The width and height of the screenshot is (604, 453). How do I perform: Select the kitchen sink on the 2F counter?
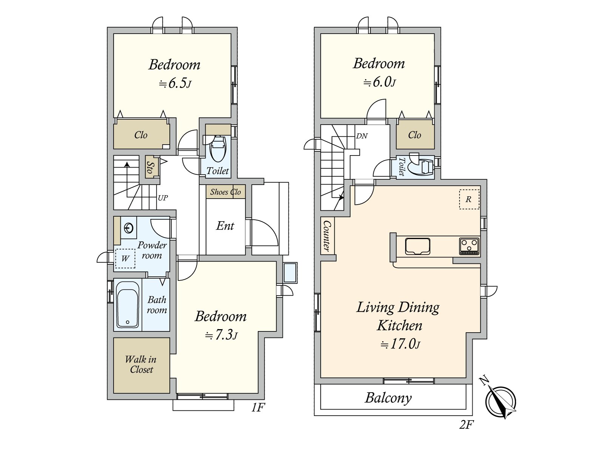418,247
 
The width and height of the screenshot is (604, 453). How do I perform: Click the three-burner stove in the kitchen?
469,247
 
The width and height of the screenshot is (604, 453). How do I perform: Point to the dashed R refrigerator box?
469,199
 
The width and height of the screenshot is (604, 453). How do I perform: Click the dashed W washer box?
125,259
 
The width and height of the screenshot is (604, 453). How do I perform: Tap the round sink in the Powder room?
128,228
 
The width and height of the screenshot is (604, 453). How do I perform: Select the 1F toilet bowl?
218,148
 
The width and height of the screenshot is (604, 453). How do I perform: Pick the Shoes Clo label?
225,192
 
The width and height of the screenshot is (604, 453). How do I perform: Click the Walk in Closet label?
141,364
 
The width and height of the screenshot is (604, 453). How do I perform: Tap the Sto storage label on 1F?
150,167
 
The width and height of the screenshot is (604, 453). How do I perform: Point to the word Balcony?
388,398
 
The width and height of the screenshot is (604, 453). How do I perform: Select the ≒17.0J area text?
400,344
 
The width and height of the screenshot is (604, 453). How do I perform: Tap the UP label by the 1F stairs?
163,198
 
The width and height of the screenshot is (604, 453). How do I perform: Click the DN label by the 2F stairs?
361,136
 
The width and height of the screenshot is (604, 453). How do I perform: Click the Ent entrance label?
225,226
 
